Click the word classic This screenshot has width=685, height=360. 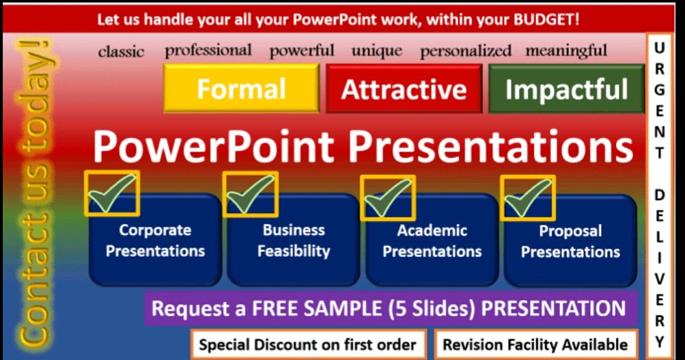[x=121, y=52]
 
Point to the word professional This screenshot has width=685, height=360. [x=208, y=51]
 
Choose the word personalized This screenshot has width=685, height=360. [x=465, y=51]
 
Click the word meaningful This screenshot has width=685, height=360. [x=566, y=51]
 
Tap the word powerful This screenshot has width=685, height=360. [x=302, y=51]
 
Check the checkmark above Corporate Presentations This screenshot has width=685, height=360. [x=111, y=193]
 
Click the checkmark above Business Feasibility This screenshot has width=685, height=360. [x=250, y=193]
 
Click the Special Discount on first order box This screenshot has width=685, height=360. [x=308, y=344]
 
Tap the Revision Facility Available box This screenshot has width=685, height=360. [x=535, y=344]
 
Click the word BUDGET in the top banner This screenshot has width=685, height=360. [x=546, y=19]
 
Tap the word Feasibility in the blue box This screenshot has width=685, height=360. [x=294, y=251]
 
